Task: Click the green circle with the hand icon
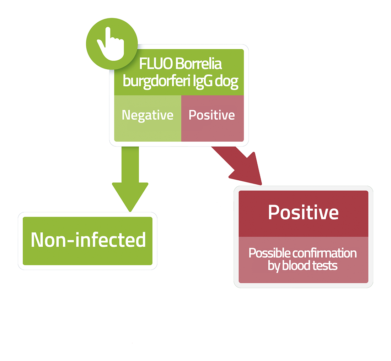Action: [x=112, y=44]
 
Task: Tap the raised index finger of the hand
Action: [x=108, y=36]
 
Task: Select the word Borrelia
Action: [x=198, y=64]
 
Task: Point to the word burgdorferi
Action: [x=157, y=81]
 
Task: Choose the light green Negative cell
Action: [x=148, y=118]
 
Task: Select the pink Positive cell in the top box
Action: [x=213, y=118]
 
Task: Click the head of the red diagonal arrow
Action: [x=247, y=170]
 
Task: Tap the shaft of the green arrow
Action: [x=130, y=165]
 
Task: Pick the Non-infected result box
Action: [x=87, y=241]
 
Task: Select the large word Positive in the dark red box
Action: [x=304, y=212]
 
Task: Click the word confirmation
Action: [x=325, y=253]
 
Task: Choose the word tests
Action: [x=325, y=266]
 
